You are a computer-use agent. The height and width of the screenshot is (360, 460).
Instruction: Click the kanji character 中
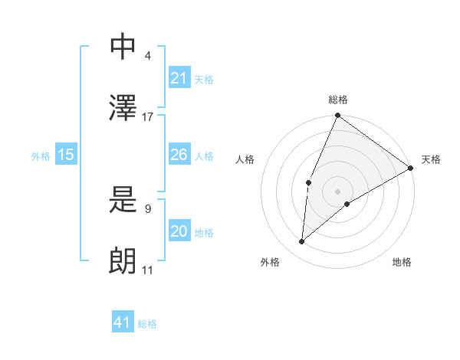(x=123, y=46)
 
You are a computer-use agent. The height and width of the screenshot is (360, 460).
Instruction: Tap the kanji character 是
(x=123, y=201)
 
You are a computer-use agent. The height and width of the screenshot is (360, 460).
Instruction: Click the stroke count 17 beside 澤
(x=148, y=117)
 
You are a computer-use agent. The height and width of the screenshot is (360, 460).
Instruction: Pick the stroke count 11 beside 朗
(x=148, y=270)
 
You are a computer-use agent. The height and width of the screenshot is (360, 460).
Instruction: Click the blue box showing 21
(x=179, y=78)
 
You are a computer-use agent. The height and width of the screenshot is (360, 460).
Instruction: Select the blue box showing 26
(x=179, y=155)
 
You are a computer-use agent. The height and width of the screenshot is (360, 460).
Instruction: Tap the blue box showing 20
(x=179, y=231)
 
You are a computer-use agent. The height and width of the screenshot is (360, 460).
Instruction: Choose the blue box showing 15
(x=66, y=155)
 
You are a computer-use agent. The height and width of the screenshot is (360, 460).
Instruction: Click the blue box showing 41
(x=123, y=322)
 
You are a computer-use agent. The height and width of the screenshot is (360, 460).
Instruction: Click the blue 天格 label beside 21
(x=204, y=80)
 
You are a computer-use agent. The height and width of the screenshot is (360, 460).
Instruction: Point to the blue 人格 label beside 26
(x=204, y=156)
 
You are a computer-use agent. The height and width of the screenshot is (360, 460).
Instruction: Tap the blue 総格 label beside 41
(x=147, y=324)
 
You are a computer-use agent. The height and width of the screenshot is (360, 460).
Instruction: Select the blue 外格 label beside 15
(x=41, y=156)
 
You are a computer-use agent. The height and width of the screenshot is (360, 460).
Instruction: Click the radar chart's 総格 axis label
(x=338, y=100)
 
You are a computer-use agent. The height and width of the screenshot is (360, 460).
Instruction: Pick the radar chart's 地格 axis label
(x=402, y=263)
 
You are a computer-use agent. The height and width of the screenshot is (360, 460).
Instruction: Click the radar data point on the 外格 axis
(x=302, y=242)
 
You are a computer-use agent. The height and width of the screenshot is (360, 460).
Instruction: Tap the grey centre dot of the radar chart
(x=337, y=191)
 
